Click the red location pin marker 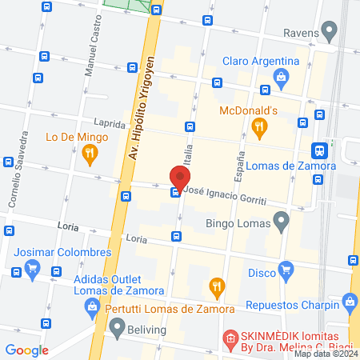pyautogui.click(x=179, y=178)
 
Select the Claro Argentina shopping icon pyautogui.click(x=281, y=77)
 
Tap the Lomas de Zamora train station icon pyautogui.click(x=319, y=150)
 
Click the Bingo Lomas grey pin pyautogui.click(x=280, y=220)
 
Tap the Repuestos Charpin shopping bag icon pyautogui.click(x=349, y=302)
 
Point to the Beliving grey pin pyautogui.click(x=118, y=326)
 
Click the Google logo pyautogui.click(x=26, y=350)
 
